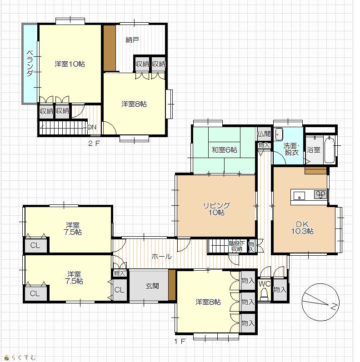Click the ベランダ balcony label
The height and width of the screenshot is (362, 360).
point(30,63)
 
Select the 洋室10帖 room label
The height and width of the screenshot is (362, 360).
point(70,64)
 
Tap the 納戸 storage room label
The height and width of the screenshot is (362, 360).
point(132,40)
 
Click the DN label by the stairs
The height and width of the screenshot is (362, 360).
point(92,127)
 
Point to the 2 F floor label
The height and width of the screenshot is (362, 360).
point(94,144)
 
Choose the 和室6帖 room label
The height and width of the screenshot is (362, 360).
point(225,150)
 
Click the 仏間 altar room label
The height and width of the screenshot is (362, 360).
point(264,134)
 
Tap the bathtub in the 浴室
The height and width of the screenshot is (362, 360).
point(330,149)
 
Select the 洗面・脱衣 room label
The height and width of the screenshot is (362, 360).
point(292,149)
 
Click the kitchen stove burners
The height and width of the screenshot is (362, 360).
point(320,194)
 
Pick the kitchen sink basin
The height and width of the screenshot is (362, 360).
point(299,196)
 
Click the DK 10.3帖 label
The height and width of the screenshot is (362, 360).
point(302,228)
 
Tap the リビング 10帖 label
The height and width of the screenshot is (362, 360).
point(217,209)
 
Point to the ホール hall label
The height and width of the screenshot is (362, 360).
point(161,257)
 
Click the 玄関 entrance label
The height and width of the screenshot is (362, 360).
point(152,286)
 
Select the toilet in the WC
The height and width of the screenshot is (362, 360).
point(264,294)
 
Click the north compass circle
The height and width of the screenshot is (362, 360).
point(320,284)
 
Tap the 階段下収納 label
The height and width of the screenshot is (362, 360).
point(237,246)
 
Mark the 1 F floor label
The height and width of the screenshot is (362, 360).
point(180,341)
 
